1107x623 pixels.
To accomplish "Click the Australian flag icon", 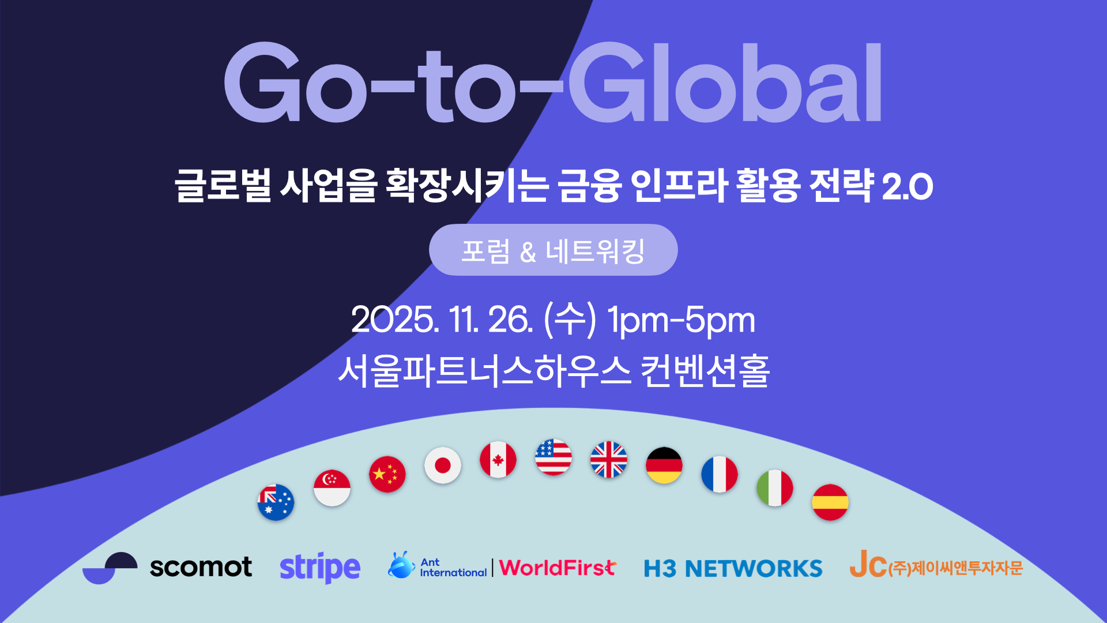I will [x=276, y=502].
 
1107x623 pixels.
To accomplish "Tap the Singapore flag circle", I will [x=332, y=488].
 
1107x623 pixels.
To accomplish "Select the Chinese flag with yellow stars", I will [x=387, y=474].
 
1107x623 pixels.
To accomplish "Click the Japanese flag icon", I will [x=442, y=465].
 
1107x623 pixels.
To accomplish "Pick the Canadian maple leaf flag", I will [x=498, y=460].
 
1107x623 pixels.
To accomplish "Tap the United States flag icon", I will [x=553, y=457].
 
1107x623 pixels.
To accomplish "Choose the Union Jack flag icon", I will [x=608, y=460].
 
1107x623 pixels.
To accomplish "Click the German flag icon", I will [x=664, y=465].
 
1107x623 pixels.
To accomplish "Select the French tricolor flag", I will [x=719, y=474].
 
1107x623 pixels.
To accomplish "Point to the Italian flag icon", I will [x=774, y=488].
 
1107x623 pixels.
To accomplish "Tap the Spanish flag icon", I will [x=830, y=502].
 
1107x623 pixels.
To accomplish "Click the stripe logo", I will [x=320, y=568].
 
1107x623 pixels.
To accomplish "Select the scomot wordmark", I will [x=201, y=567].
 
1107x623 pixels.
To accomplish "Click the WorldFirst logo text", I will [x=558, y=568].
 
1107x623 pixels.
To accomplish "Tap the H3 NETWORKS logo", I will [x=733, y=569].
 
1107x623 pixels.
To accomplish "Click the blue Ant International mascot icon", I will [x=401, y=565].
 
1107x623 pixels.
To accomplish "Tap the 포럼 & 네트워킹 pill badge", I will [x=553, y=250].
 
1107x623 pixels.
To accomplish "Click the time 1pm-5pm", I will [x=680, y=320].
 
